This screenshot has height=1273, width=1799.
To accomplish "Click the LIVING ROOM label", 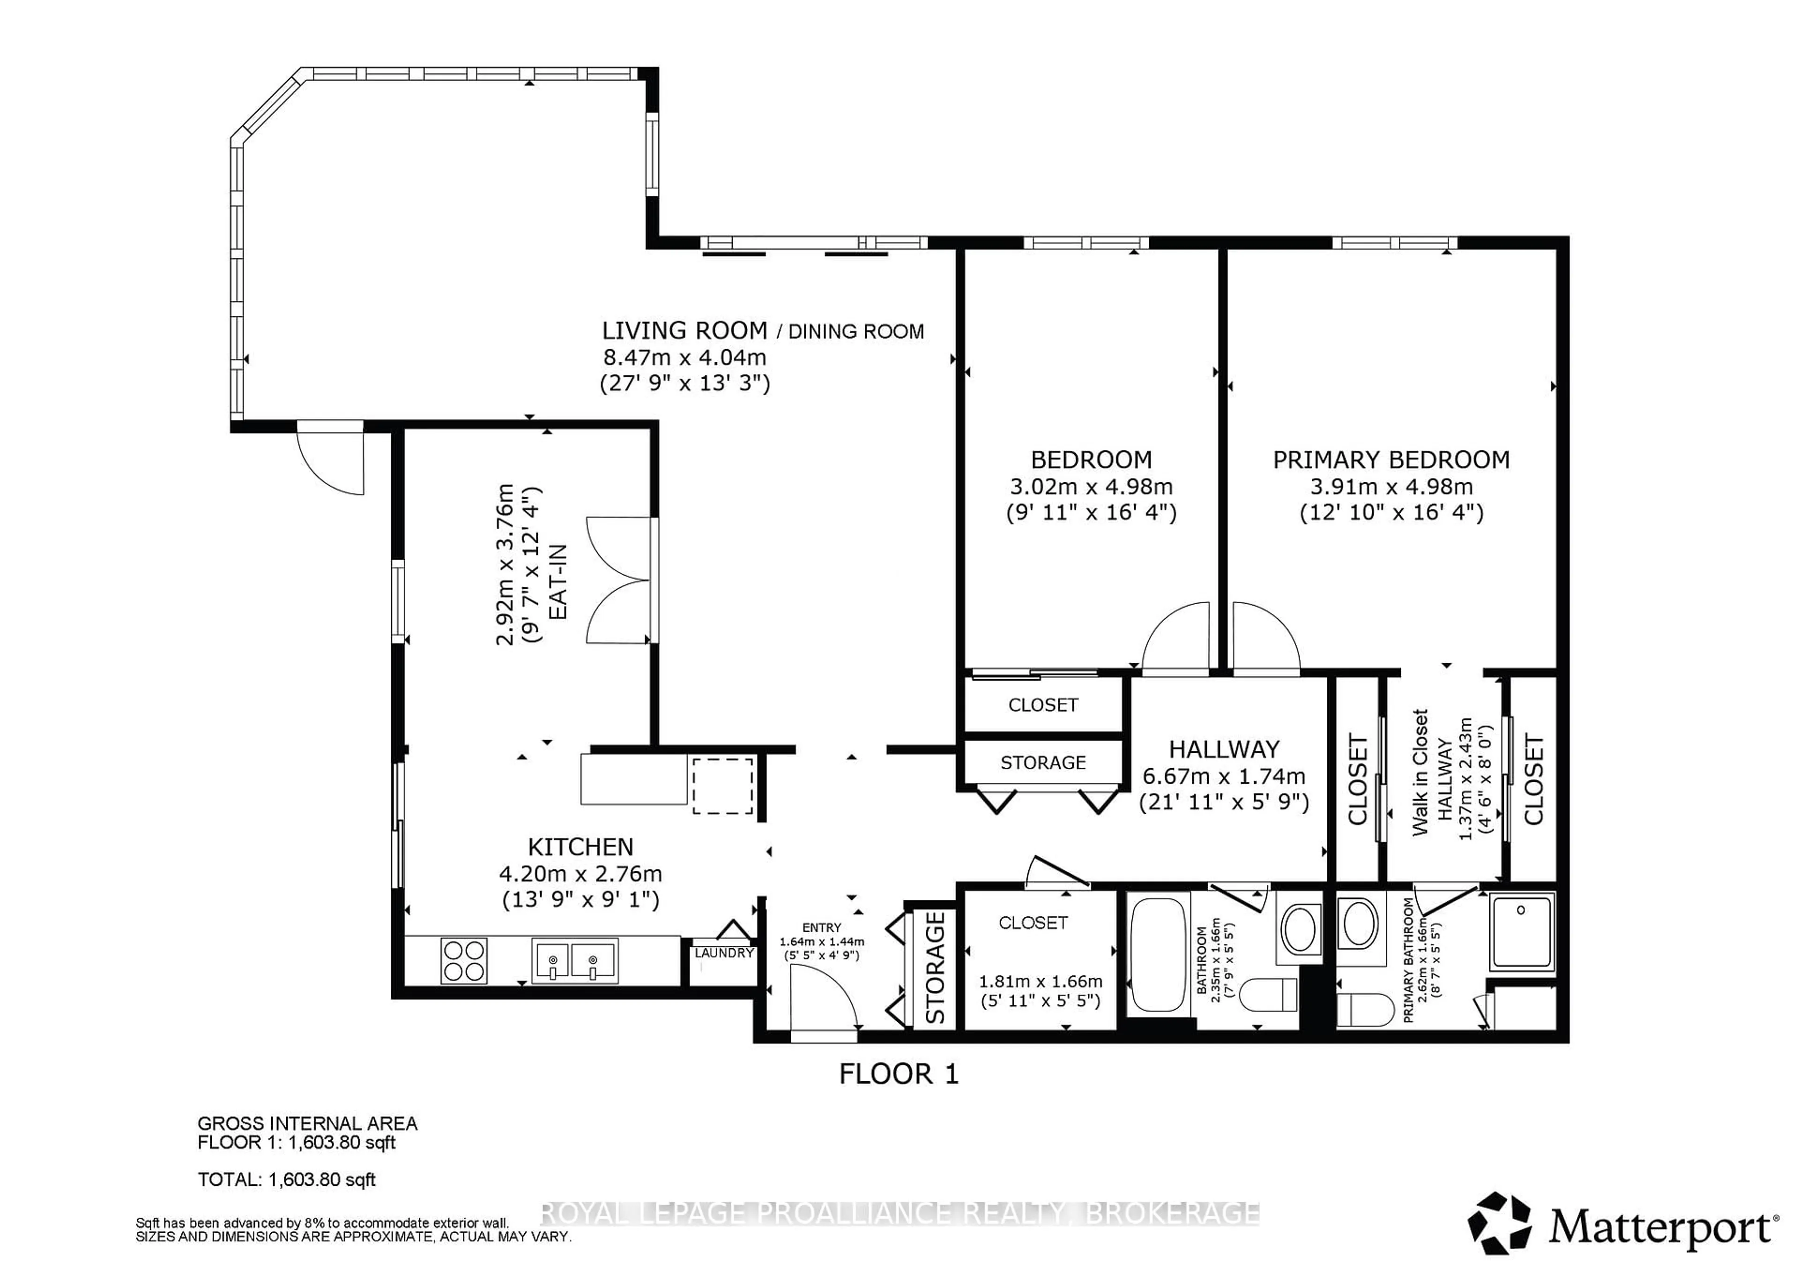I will (684, 331).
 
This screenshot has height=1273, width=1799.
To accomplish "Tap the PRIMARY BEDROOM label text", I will (1391, 460).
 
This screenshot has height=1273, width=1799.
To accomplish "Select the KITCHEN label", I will (580, 846).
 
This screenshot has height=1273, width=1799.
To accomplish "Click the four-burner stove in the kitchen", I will (464, 961).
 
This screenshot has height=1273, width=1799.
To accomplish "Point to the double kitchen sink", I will (574, 960).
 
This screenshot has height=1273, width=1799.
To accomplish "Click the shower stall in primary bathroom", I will (1521, 931).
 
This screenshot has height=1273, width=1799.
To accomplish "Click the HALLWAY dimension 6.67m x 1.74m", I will (1224, 777).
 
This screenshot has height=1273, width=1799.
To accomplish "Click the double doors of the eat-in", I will (619, 581).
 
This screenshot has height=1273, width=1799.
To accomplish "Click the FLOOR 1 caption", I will (899, 1074).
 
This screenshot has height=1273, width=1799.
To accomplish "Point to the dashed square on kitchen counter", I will (722, 786).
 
